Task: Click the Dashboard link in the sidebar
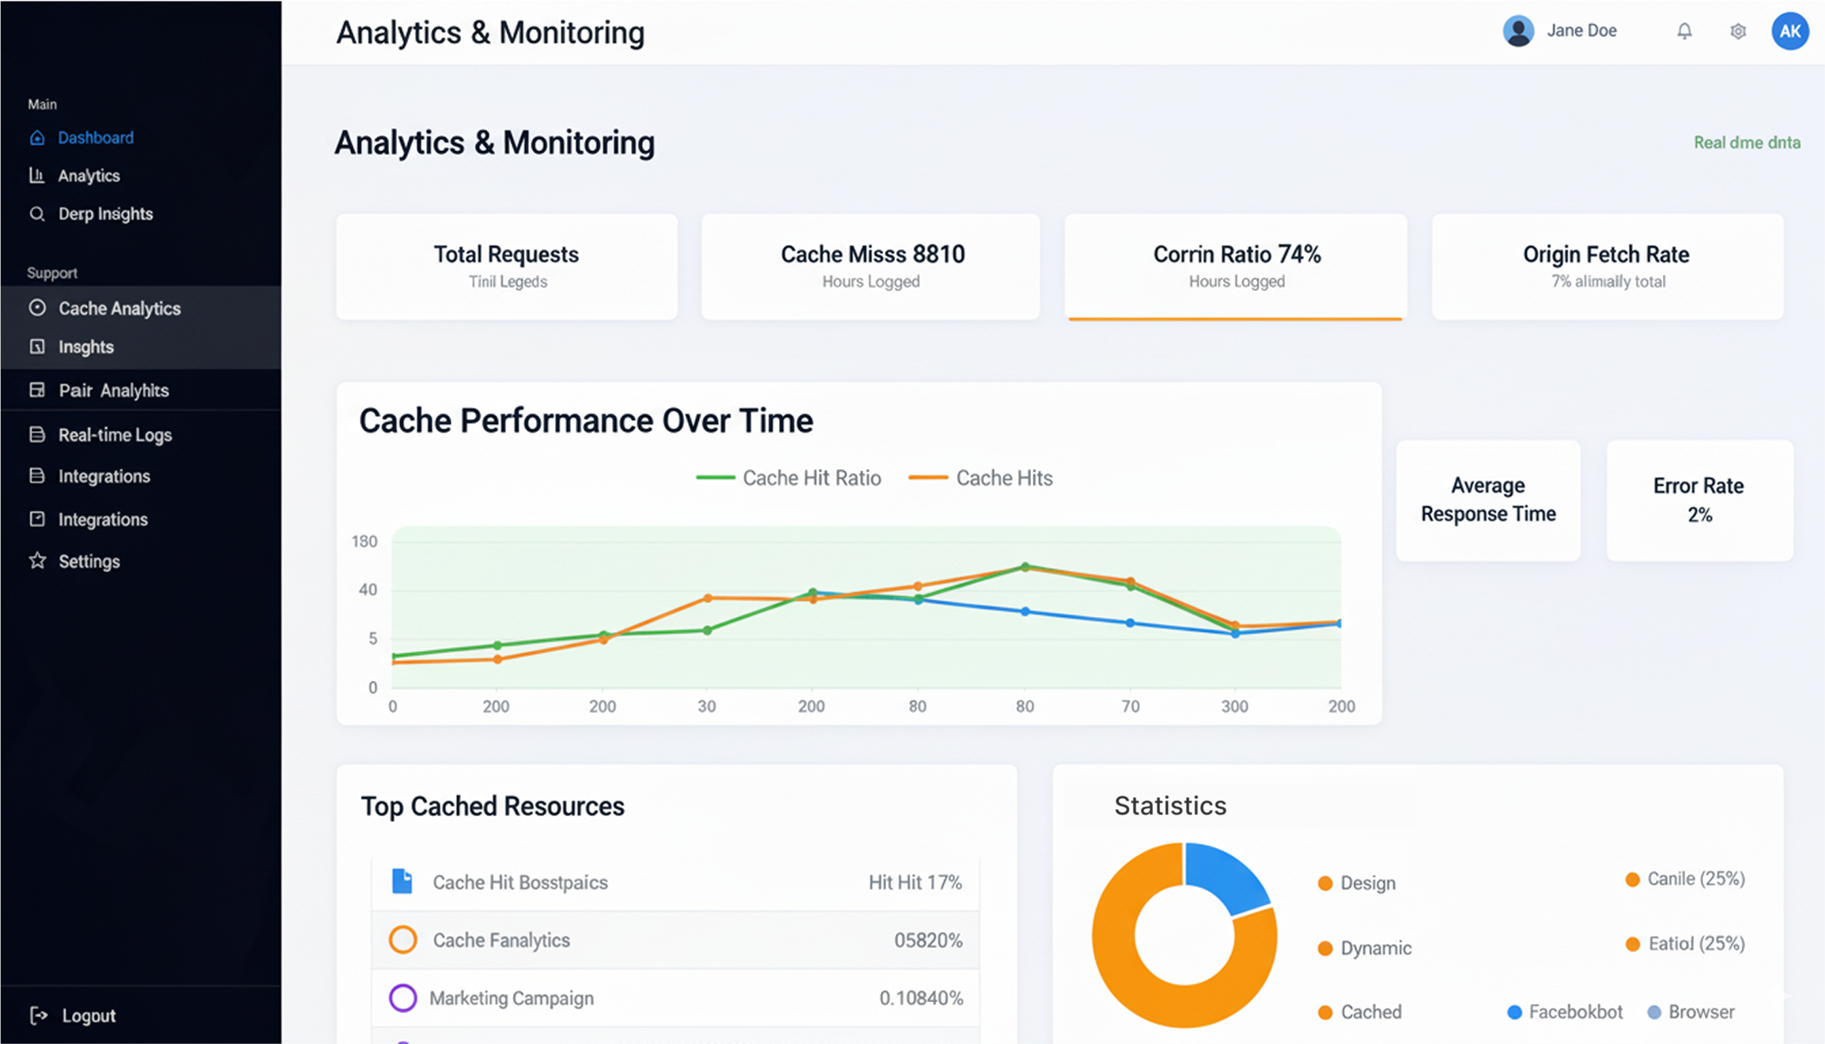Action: [95, 138]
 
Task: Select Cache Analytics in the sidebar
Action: [119, 308]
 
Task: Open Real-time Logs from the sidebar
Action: [115, 435]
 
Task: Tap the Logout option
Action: [88, 1016]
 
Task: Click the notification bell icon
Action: [1684, 31]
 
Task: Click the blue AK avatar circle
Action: [1789, 31]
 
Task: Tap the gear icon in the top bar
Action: [1737, 31]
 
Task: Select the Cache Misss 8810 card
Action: [871, 267]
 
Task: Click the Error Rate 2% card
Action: [1699, 500]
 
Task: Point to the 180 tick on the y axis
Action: [365, 542]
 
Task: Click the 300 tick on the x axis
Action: [1234, 706]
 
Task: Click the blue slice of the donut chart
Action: [1224, 875]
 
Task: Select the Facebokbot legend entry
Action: [1574, 1012]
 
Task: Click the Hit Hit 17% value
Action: [915, 883]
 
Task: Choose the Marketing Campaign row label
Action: [511, 998]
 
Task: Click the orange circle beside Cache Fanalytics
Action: [402, 940]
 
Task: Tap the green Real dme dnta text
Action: [1747, 143]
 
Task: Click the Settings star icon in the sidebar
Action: [37, 561]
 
